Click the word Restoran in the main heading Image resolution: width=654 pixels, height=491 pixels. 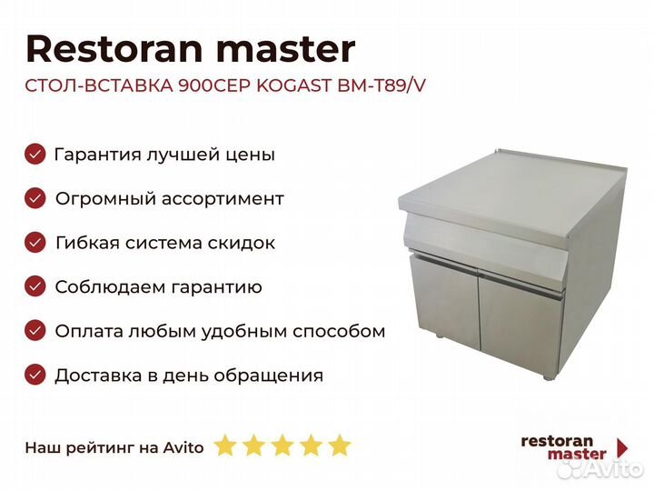coord(114,49)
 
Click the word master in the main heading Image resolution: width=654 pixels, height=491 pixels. coord(286,50)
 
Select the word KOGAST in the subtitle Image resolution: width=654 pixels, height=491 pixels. coord(293,85)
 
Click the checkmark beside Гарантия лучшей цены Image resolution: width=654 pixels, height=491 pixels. coord(35,154)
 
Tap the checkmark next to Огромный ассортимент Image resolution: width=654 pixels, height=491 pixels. coord(35,198)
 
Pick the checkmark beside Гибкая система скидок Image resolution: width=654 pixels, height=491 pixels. coord(35,243)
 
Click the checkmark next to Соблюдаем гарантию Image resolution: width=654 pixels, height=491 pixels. coord(35,286)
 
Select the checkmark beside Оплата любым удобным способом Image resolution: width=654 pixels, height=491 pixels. coord(35,331)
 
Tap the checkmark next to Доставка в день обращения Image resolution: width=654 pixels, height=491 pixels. coord(35,375)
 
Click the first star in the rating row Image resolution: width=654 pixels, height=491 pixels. coord(225,445)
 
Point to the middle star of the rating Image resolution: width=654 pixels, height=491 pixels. coord(282,445)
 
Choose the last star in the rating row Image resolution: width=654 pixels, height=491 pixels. coord(340,445)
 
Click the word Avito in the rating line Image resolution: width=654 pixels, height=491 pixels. coord(183,447)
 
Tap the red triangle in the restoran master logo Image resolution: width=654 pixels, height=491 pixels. coord(622,447)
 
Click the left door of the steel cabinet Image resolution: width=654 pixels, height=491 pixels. coord(444,303)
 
